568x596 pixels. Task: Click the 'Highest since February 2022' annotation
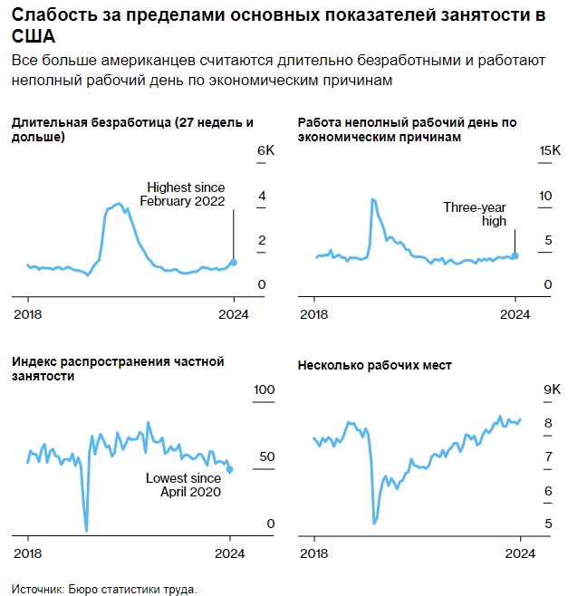click(182, 194)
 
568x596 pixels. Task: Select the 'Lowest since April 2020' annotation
click(183, 485)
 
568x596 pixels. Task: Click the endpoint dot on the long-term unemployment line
click(234, 263)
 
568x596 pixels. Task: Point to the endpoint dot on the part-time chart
click(515, 255)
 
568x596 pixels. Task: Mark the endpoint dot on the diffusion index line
click(230, 469)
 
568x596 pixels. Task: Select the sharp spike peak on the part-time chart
click(372, 198)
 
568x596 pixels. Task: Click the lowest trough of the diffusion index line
click(86, 531)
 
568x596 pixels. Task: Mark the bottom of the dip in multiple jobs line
click(375, 524)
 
